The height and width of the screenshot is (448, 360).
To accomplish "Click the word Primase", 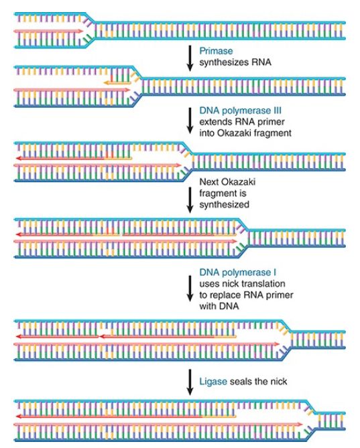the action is click(216, 51).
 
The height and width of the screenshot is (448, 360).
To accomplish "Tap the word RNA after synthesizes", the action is click(261, 62).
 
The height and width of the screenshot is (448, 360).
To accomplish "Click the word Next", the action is click(209, 181).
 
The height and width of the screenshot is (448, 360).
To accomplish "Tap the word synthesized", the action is click(224, 204).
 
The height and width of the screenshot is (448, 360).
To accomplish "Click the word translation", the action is click(263, 283).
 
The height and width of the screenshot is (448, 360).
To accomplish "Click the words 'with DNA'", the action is click(219, 306).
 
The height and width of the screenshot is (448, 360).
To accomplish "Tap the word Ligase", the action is click(213, 382).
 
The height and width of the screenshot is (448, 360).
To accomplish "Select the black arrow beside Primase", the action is click(190, 58).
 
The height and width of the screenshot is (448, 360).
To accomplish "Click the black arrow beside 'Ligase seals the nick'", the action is click(190, 382).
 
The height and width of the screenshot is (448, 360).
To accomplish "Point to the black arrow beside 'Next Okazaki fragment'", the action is click(190, 200).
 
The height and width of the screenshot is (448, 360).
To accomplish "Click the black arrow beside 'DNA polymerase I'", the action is click(190, 289).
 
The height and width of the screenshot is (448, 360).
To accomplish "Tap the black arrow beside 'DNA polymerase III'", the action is click(190, 121).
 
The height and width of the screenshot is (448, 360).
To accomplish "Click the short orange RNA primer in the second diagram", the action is click(117, 83).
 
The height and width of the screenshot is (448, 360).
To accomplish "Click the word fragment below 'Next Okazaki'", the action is click(223, 194).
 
